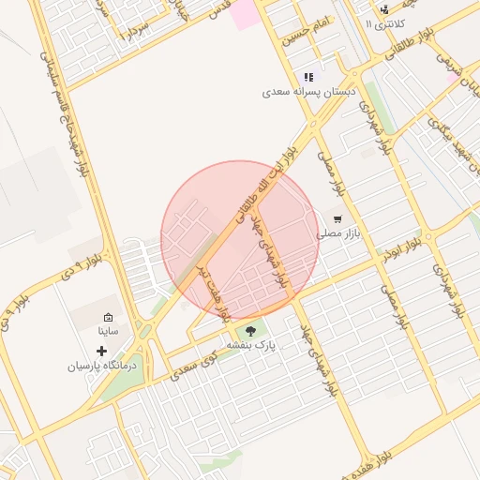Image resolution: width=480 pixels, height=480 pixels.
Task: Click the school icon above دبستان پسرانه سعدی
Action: pos(307,77)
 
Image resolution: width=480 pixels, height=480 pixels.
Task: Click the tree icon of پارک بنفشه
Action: pos(250,330)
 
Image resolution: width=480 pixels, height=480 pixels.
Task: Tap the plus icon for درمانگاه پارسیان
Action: pos(102,351)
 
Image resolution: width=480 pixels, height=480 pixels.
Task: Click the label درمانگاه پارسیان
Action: pos(101,366)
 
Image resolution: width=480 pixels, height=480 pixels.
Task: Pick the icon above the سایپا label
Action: pos(108,317)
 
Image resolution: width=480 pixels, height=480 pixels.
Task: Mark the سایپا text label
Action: pos(108,331)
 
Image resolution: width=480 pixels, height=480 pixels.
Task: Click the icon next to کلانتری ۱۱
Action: pos(383,9)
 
